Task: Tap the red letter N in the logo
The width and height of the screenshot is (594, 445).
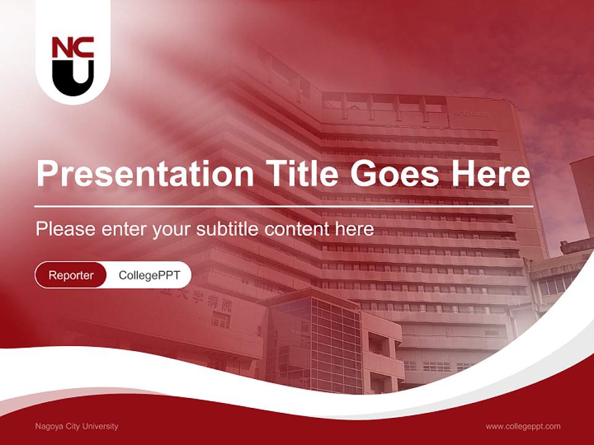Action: click(62, 48)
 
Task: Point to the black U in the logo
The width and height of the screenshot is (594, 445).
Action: click(72, 77)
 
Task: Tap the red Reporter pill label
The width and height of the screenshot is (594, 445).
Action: click(71, 275)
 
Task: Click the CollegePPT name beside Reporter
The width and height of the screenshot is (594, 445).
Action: click(149, 275)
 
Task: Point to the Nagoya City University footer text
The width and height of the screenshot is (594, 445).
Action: click(77, 426)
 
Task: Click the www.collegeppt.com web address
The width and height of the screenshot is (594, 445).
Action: click(523, 426)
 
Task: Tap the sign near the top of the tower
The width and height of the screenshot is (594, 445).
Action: click(472, 114)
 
